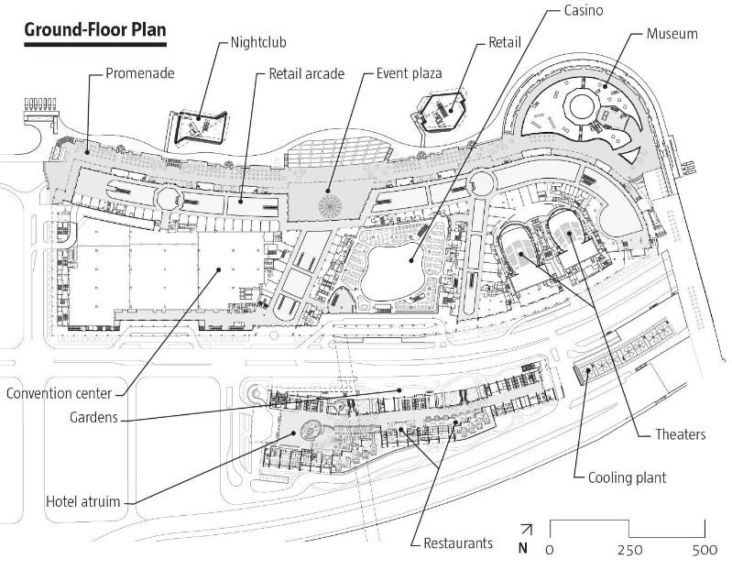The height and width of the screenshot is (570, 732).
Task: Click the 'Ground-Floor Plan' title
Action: pyautogui.click(x=95, y=29)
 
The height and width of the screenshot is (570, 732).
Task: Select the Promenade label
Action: pyautogui.click(x=138, y=71)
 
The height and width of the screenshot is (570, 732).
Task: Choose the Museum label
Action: pyautogui.click(x=672, y=34)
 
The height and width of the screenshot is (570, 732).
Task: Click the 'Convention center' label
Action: pyautogui.click(x=59, y=394)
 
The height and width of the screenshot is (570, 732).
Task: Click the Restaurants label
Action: pyautogui.click(x=458, y=543)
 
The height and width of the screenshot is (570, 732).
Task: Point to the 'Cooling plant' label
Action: pyautogui.click(x=627, y=477)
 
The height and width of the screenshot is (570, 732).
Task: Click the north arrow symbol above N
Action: pyautogui.click(x=525, y=531)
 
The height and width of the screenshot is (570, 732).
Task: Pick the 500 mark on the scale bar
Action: pyautogui.click(x=705, y=550)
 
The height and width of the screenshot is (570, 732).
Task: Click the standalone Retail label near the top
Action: pyautogui.click(x=505, y=42)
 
